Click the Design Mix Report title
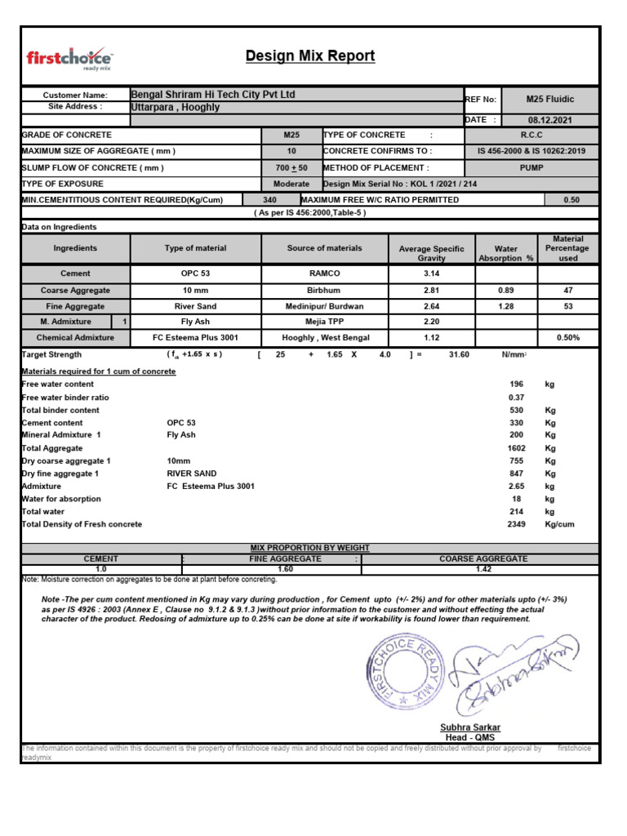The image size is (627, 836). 310,56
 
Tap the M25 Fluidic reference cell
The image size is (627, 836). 550,100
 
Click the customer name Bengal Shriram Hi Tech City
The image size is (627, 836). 213,95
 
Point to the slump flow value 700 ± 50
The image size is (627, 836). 291,168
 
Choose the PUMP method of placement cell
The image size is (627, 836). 531,168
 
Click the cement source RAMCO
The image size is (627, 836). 324,273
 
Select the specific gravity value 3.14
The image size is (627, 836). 431,273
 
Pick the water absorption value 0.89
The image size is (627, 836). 505,290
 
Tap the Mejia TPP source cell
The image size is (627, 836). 324,322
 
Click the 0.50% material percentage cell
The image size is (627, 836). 568,338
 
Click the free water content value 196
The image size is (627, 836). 515,384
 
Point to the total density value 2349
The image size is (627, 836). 515,524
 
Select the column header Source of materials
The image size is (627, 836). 324,248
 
